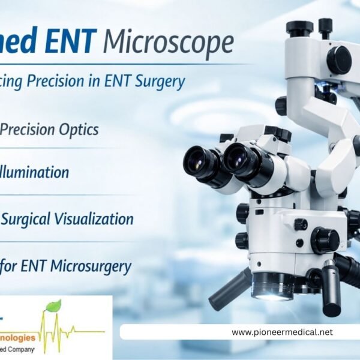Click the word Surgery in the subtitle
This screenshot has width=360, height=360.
pyautogui.click(x=160, y=82)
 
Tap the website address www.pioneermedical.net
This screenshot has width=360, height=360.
pyautogui.click(x=281, y=332)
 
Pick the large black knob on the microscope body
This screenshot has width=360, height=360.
pyautogui.click(x=325, y=240)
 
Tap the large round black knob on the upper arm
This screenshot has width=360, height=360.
pyautogui.click(x=339, y=59)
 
